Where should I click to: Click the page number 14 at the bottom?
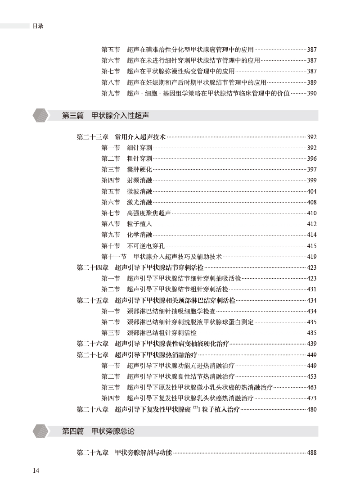(x=36, y=471)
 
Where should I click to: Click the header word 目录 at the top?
(x=38, y=26)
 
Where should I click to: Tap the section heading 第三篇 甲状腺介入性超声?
(x=105, y=116)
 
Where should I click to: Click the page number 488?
(x=311, y=453)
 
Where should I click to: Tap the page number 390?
(x=311, y=93)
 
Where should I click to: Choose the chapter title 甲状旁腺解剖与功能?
(x=143, y=453)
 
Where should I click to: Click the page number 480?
(x=311, y=409)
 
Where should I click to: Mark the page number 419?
(x=311, y=257)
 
